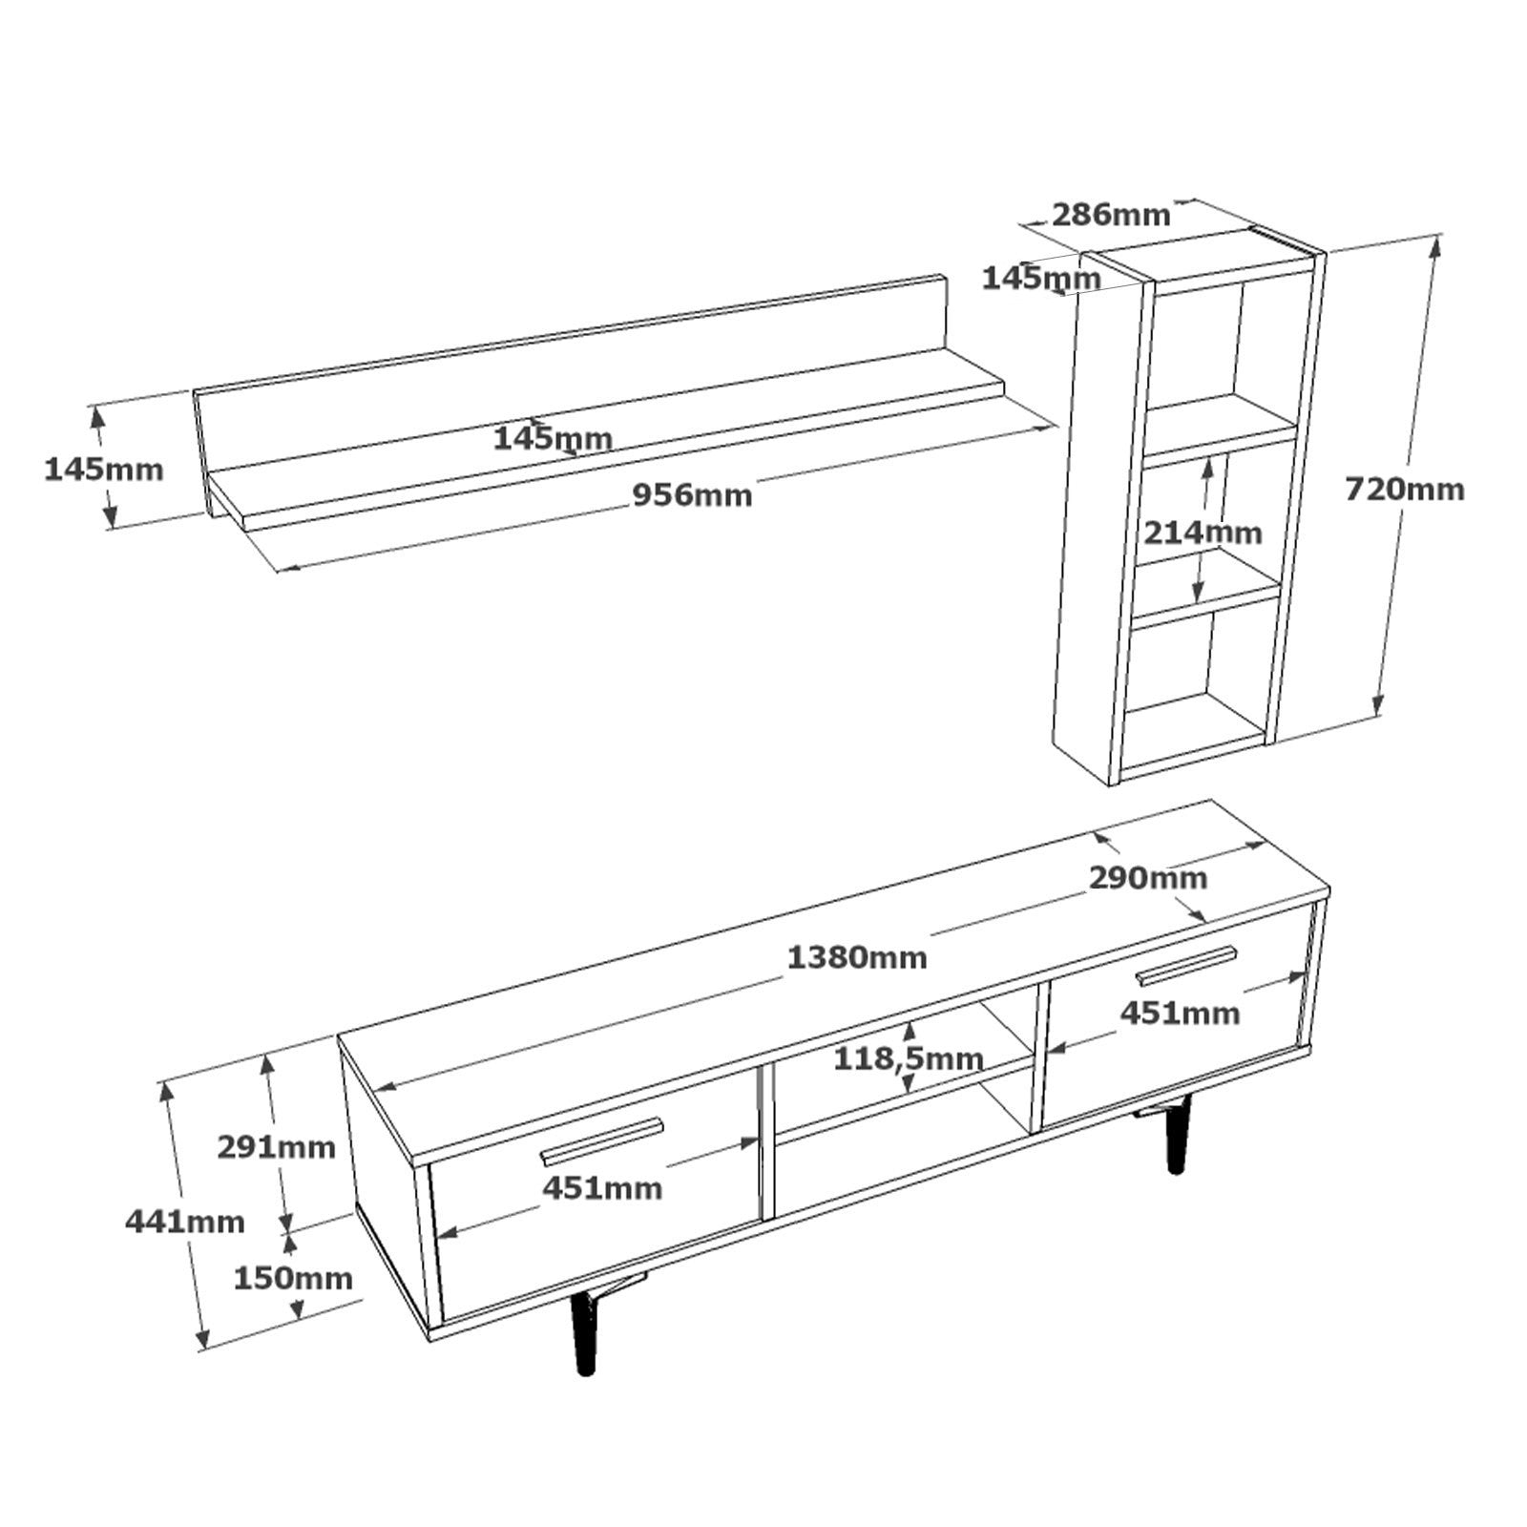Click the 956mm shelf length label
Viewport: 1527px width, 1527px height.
pyautogui.click(x=693, y=496)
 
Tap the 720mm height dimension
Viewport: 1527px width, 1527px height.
pyautogui.click(x=1404, y=490)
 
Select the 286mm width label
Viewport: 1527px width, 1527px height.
pyautogui.click(x=1110, y=215)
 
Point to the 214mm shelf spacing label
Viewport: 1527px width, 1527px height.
pyautogui.click(x=1203, y=533)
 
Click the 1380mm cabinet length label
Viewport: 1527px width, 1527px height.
pyautogui.click(x=856, y=957)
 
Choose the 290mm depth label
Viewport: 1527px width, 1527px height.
pyautogui.click(x=1148, y=878)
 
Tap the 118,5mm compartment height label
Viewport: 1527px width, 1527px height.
pyautogui.click(x=908, y=1058)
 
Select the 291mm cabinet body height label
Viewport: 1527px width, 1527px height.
pyautogui.click(x=277, y=1146)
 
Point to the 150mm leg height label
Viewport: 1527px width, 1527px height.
pyautogui.click(x=293, y=1278)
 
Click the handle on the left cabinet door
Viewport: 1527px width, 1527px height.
pyautogui.click(x=601, y=1140)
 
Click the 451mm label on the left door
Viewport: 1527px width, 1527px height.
pyautogui.click(x=602, y=1188)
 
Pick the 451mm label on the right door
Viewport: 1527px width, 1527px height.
pyautogui.click(x=1180, y=1013)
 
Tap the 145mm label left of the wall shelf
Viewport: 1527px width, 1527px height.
pyautogui.click(x=104, y=470)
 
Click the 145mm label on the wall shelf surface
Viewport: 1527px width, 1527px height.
pyautogui.click(x=553, y=439)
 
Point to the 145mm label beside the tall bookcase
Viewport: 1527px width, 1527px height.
pyautogui.click(x=1041, y=279)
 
